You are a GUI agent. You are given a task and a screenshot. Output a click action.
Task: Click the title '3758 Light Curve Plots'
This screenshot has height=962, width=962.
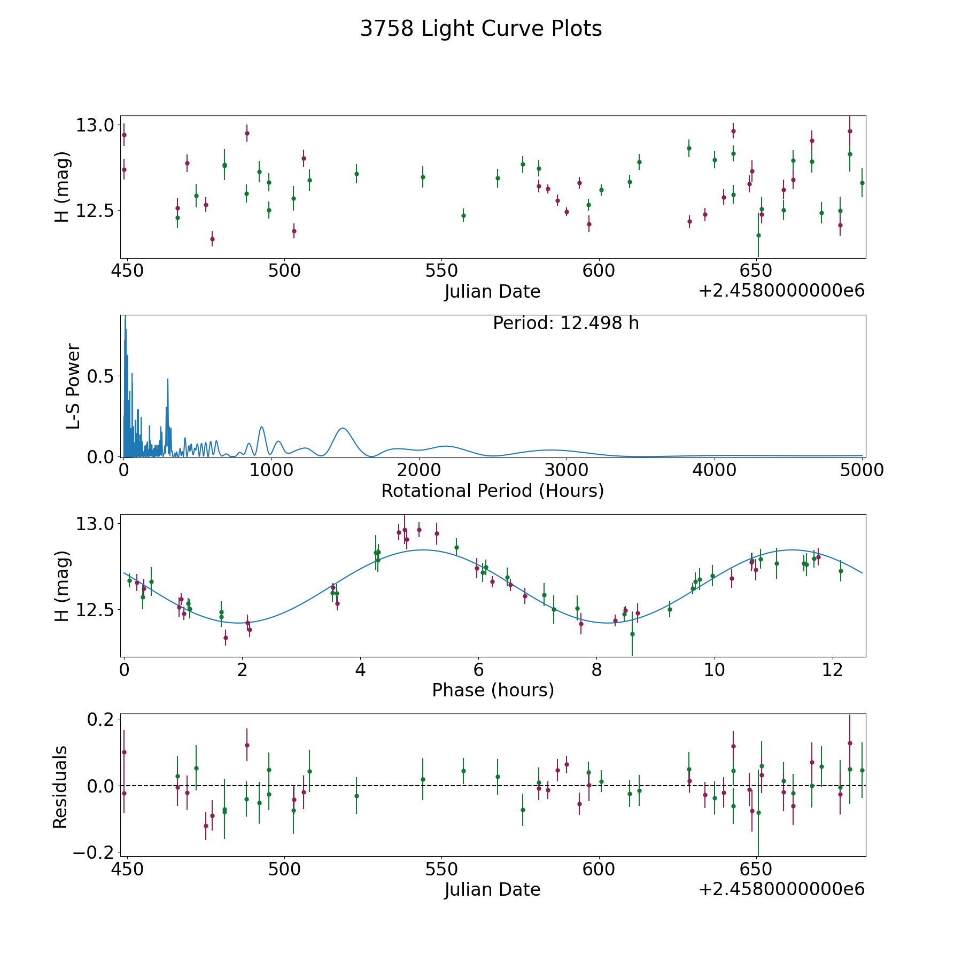point(481,29)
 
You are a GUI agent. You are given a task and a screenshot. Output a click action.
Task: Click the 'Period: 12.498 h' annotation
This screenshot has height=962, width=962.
point(565,324)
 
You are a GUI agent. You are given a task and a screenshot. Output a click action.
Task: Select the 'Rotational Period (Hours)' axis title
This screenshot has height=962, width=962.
point(492,491)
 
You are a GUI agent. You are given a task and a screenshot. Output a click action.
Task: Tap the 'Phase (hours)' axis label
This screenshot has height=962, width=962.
point(493,690)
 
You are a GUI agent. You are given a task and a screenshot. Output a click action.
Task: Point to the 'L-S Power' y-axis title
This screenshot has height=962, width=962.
point(73,386)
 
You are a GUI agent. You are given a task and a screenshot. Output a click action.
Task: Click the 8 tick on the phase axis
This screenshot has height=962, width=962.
point(596,670)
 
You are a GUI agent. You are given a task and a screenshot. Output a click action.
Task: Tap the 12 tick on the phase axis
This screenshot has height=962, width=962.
point(833,670)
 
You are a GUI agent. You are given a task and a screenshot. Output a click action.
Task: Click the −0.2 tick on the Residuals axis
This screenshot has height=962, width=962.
point(93,852)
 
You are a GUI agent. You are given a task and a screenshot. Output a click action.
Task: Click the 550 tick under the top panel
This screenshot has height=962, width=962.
point(441,271)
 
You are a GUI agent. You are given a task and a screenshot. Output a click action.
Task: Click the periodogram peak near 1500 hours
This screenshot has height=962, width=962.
point(343,428)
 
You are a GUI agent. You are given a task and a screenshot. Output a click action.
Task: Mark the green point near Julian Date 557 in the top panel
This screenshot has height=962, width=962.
point(463,216)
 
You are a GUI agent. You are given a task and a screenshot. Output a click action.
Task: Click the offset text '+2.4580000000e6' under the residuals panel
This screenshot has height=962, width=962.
point(781,889)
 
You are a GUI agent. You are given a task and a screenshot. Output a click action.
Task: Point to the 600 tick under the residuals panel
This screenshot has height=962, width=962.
point(599,869)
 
